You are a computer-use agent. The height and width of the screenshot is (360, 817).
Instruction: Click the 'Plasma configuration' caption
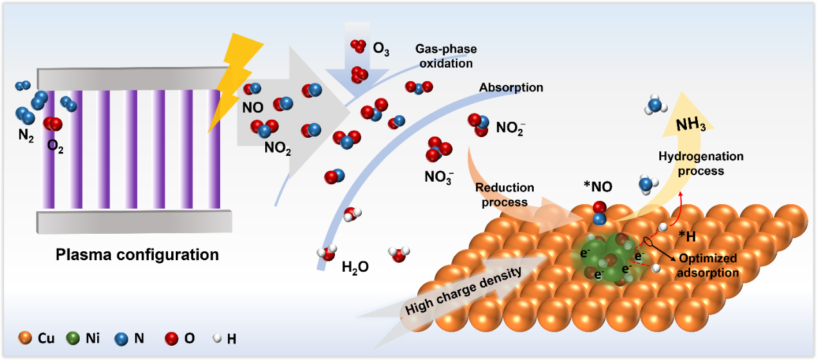point(137,254)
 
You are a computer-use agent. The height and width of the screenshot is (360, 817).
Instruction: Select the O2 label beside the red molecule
point(56,146)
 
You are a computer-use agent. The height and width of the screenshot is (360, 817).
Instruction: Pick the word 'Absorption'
point(511,87)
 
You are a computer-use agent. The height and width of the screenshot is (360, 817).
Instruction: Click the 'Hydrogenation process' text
point(700,164)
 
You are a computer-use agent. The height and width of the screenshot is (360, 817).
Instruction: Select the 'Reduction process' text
point(504,194)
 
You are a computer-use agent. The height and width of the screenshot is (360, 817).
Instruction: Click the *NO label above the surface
point(598,187)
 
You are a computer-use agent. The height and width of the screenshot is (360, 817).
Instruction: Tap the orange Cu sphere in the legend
point(25,337)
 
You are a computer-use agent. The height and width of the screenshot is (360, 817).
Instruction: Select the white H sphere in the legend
point(216,337)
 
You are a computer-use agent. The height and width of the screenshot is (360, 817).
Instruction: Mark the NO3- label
point(439,175)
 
